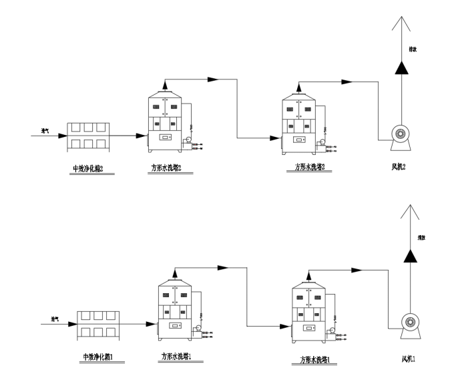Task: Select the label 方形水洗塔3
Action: tap(309, 168)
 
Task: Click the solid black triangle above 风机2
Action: tap(400, 67)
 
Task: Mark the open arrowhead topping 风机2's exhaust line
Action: tap(400, 21)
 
